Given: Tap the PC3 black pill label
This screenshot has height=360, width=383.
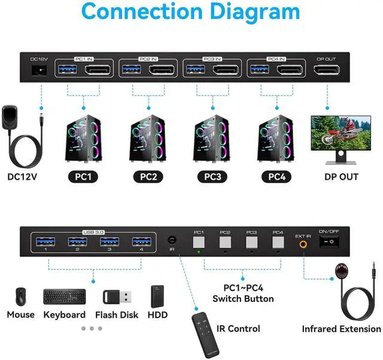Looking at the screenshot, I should tap(212, 177).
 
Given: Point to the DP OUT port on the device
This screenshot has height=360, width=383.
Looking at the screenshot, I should tap(327, 70).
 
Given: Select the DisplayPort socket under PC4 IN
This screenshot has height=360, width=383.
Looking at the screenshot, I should tap(289, 70).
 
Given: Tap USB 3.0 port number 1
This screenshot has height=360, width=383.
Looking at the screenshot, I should tap(45, 242).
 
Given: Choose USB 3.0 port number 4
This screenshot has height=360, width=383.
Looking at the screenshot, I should tap(142, 242).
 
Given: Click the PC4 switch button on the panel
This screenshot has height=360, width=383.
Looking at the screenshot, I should tap(278, 242).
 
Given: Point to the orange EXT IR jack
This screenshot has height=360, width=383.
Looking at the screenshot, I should tap(303, 243).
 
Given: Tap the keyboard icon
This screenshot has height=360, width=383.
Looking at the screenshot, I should tap(64, 296).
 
